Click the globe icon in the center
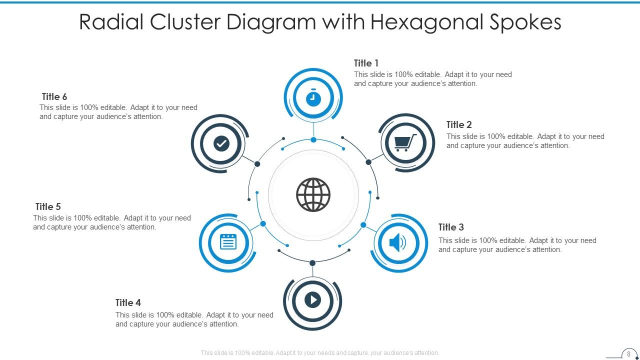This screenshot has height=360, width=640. pos(313,194)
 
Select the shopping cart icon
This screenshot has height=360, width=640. pos(405,143)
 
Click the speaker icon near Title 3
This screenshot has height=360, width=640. pos(398,243)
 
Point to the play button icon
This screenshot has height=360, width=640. pos(312,300)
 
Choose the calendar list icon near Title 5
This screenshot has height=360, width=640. pos(228,242)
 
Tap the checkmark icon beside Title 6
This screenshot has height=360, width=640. pos(221,144)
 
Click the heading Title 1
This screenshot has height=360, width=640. pos(366,63)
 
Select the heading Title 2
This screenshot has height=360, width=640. pos(459,124)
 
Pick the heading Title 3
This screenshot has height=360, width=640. pos(451,227)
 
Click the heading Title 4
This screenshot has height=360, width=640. pos(128,302)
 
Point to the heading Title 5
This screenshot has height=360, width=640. pos(48,206)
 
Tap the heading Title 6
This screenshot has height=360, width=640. pos(54,96)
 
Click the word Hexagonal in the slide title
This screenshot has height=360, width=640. pos(426,22)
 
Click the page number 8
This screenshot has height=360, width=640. pos(628,354)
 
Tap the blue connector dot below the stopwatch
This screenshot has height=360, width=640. pos(313,139)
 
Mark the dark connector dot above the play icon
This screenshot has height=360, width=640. pos(312,263)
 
